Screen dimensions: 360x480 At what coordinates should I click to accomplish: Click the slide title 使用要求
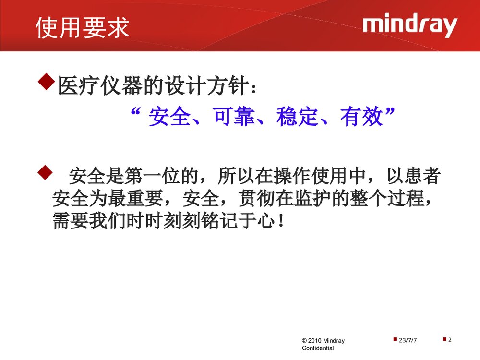(x=83, y=28)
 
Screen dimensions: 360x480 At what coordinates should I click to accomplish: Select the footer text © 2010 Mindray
(x=323, y=341)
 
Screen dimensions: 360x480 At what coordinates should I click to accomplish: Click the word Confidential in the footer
(x=318, y=348)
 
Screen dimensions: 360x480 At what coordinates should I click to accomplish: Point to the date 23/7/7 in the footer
(x=408, y=340)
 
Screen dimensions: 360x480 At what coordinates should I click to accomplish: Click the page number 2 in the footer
(x=450, y=340)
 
